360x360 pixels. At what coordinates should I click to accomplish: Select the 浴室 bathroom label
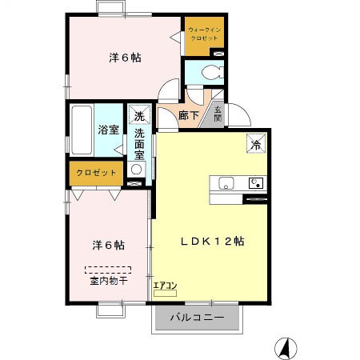(108, 130)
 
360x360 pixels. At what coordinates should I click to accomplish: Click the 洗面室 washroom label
(138, 144)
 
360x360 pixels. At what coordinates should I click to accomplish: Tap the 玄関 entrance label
(218, 113)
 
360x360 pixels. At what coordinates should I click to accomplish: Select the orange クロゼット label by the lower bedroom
(96, 172)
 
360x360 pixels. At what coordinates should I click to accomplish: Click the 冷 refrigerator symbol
(255, 145)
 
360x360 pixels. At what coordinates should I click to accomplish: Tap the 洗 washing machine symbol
(139, 116)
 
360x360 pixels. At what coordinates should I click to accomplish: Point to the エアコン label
(164, 284)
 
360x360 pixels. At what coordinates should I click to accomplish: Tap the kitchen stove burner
(255, 182)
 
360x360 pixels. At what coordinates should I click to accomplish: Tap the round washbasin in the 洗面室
(136, 170)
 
